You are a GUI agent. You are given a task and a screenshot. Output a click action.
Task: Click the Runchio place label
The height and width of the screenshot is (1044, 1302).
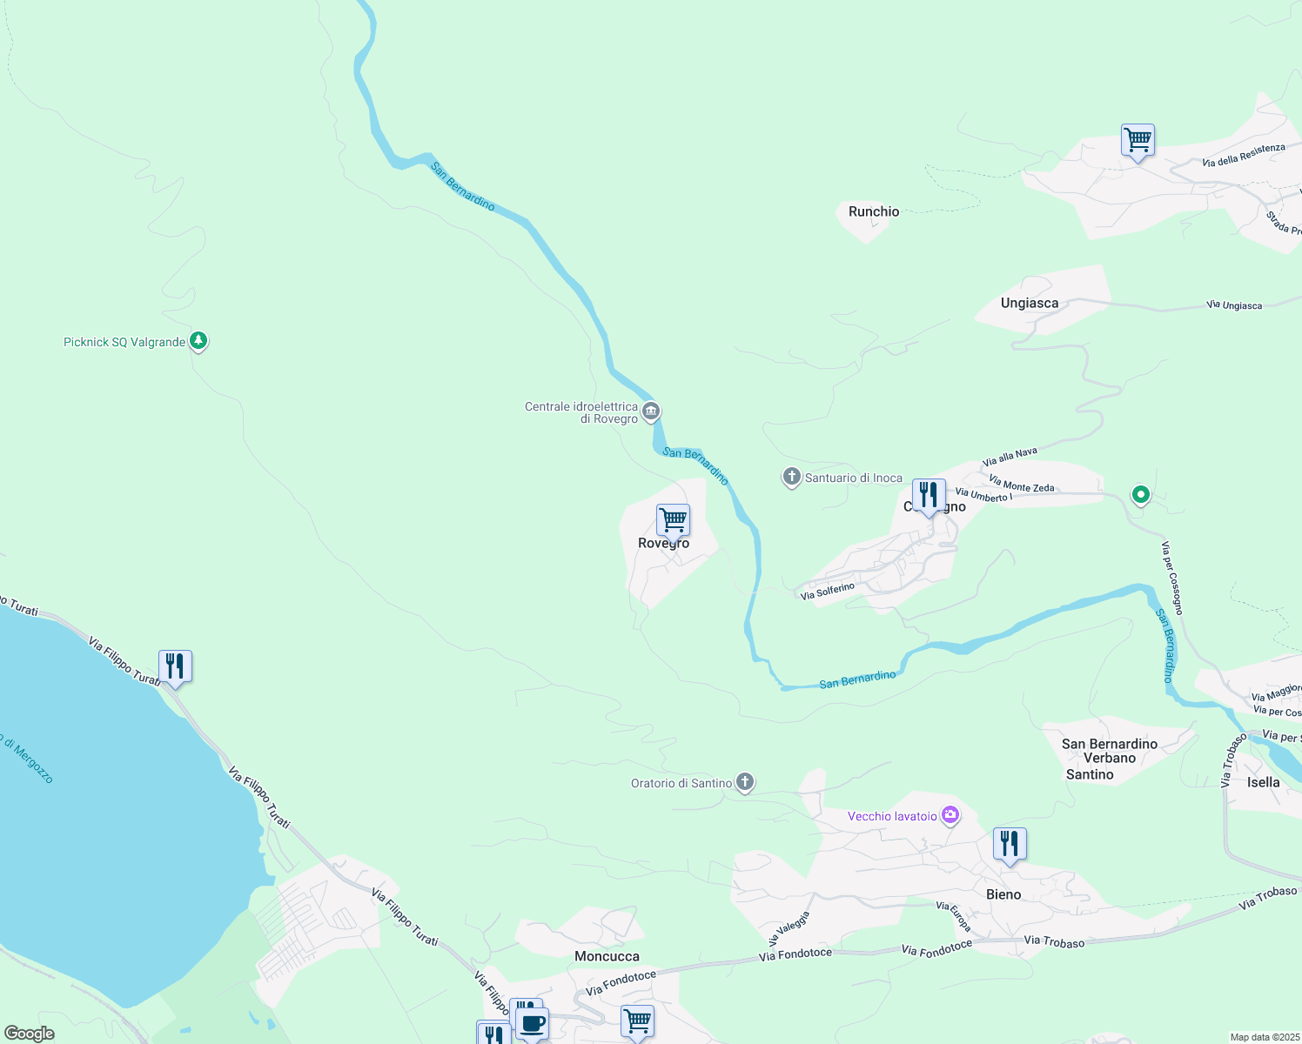pos(874,211)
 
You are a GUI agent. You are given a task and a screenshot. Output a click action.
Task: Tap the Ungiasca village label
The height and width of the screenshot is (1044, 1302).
pos(1030,303)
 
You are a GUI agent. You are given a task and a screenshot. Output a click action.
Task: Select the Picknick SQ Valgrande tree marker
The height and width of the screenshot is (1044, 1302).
pos(198,341)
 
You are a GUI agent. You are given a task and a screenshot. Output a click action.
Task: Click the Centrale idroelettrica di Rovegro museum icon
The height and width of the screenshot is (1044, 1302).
pos(651,411)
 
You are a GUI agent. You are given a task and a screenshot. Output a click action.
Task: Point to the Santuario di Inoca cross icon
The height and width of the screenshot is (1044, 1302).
pos(791,477)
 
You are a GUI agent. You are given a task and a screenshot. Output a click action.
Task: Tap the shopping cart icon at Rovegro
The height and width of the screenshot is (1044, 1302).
pos(673,520)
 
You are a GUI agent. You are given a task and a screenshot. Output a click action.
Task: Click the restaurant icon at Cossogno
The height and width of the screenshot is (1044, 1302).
pos(929,495)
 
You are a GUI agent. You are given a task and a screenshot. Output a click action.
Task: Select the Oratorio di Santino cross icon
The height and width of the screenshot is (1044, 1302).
pos(745,782)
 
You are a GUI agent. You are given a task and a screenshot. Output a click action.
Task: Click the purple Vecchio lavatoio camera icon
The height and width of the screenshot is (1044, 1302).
pos(950,815)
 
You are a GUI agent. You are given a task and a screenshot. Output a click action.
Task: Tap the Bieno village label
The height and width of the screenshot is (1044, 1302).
pos(1003,894)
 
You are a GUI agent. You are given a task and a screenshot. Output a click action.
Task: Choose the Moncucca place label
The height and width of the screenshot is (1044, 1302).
pos(607,956)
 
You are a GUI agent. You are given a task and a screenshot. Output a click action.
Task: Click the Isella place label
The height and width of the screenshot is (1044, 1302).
pos(1263,782)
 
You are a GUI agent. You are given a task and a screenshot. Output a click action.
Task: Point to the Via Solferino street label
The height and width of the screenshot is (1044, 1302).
pos(828,591)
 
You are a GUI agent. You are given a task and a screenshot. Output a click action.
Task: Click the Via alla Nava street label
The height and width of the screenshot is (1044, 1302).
pos(1010,457)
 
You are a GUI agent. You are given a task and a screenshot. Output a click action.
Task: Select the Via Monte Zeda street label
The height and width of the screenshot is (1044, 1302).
pos(1022,484)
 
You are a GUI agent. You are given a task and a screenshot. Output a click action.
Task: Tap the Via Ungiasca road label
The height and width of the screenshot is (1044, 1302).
pos(1234,305)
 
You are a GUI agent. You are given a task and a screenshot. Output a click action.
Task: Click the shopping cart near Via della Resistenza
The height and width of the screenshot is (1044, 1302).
pos(1138,140)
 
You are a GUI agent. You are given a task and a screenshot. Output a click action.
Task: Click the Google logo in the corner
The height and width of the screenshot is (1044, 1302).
pos(30,1034)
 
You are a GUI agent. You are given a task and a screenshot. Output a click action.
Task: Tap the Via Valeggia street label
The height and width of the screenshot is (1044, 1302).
pos(789,928)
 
